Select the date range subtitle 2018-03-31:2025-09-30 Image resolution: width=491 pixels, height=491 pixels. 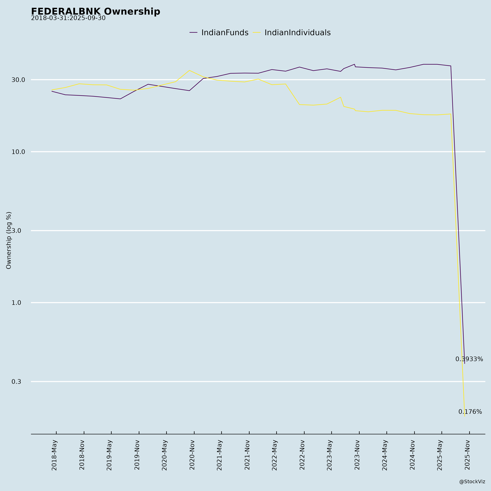68,18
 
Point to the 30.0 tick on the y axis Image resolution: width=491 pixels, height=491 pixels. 18,80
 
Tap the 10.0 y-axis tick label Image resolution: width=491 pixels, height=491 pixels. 18,152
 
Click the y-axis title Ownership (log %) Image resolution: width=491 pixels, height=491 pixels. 9,240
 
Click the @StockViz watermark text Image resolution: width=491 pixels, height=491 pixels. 472,482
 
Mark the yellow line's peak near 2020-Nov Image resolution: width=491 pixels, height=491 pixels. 189,70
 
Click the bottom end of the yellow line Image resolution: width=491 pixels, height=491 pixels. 465,416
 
